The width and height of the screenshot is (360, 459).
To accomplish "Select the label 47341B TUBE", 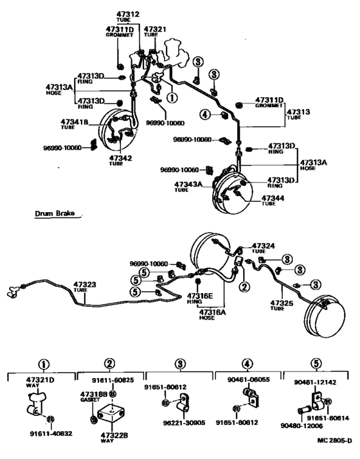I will pyautogui.click(x=76, y=124).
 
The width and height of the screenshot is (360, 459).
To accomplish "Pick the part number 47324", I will pyautogui.click(x=265, y=246).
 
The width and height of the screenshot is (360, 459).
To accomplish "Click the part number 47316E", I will pyautogui.click(x=201, y=297).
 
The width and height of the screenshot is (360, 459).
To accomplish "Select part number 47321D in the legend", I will pyautogui.click(x=42, y=381).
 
